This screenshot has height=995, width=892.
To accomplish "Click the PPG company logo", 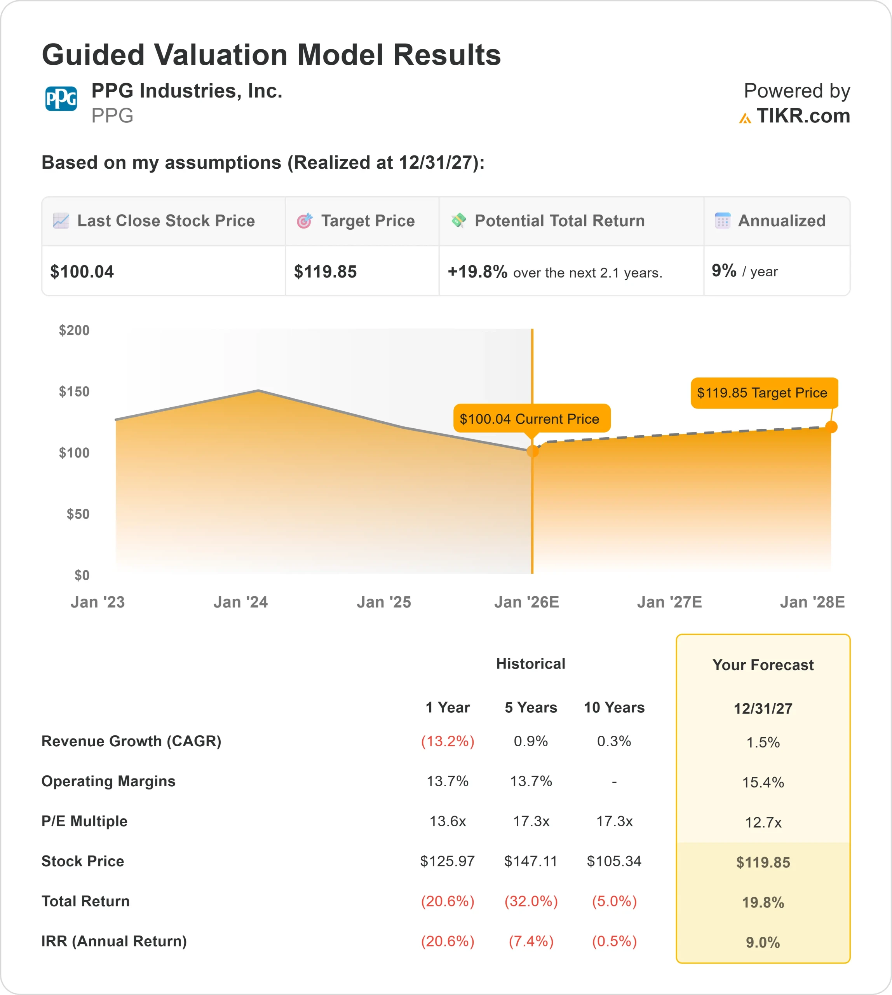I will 61,99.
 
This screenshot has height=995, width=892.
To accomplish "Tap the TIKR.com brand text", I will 802,116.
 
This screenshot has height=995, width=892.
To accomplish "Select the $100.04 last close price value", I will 82,272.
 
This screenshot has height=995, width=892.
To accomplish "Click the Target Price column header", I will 368,221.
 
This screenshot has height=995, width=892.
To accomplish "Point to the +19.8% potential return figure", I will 477,272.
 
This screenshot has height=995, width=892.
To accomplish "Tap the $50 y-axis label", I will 78,514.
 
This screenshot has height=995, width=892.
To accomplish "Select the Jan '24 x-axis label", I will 240,602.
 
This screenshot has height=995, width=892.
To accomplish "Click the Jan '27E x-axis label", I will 669,602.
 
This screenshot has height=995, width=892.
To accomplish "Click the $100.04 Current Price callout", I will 529,419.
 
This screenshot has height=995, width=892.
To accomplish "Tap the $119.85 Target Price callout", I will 762,393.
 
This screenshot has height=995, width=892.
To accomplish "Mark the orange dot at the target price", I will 831,427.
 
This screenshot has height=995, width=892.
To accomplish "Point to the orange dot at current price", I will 532,451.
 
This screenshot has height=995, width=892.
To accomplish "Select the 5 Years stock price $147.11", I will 531,861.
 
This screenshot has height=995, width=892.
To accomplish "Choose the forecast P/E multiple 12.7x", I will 763,822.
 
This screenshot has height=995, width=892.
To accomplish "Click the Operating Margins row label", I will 108,781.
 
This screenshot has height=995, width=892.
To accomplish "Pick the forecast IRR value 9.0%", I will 763,942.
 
